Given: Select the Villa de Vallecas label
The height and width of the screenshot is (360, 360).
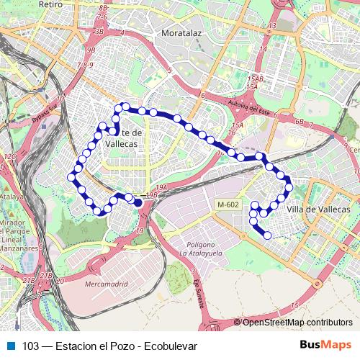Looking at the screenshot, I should tap(318, 209).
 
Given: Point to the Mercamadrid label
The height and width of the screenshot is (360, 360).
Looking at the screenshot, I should tap(105, 284).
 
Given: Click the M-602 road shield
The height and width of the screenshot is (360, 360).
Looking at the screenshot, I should tap(228, 205).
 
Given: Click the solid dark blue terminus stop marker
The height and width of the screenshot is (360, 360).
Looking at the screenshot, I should tap(138, 202).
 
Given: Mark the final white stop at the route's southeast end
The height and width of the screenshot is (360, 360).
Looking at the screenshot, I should tap(268, 235).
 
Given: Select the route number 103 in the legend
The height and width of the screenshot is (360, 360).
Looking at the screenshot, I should tap(30, 346).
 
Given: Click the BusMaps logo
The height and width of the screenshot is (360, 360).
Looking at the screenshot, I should tap(326, 346).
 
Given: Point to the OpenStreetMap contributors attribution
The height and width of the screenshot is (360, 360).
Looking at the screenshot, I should tap(297, 322).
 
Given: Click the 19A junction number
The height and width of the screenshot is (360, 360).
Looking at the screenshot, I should tap(162, 187).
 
